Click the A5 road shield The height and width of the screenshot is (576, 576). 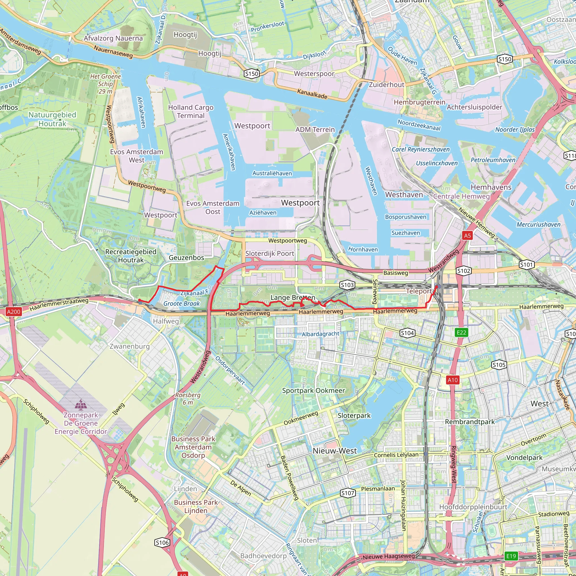467,235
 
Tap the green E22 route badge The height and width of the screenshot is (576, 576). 461,332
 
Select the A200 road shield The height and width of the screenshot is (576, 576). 13,312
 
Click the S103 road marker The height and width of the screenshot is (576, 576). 347,285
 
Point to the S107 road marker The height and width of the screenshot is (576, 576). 348,493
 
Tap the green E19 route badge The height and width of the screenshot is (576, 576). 511,556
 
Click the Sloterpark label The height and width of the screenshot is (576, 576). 354,416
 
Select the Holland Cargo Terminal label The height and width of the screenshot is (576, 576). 191,111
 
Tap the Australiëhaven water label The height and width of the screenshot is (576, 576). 272,173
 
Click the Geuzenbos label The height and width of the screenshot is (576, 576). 186,258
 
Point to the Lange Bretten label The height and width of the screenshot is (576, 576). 292,298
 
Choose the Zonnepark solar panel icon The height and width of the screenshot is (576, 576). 80,404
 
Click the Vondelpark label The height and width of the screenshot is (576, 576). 524,457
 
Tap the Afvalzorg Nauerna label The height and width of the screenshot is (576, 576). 113,38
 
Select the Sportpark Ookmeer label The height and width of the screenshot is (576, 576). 313,391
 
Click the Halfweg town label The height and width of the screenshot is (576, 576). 166,321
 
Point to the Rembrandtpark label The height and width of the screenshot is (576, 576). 470,422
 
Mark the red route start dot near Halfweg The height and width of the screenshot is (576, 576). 139,300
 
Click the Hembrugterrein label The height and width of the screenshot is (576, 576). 419,102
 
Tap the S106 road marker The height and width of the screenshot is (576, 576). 162,543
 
